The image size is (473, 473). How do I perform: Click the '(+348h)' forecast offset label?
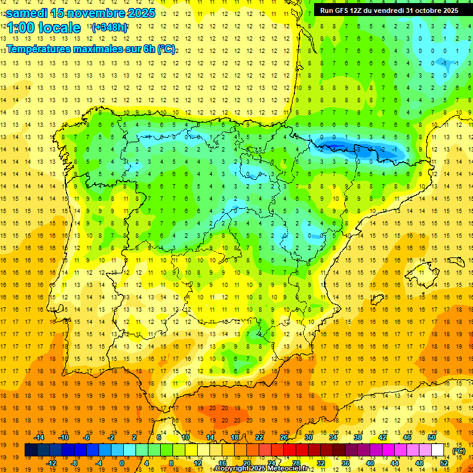click(x=110, y=28)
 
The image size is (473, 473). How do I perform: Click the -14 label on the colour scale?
click(x=39, y=437)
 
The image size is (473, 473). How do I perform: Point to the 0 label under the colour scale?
click(x=122, y=463)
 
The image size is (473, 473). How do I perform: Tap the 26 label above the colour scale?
click(x=284, y=437)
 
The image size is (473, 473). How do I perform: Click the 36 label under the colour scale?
click(x=345, y=463)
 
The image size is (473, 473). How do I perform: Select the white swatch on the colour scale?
click(x=437, y=450)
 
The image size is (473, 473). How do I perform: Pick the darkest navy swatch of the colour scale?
click(x=31, y=450)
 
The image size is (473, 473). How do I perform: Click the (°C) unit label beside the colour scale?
click(x=458, y=451)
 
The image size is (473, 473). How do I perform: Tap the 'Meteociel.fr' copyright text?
click(x=289, y=469)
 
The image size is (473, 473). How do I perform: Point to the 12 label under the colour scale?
click(x=198, y=463)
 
